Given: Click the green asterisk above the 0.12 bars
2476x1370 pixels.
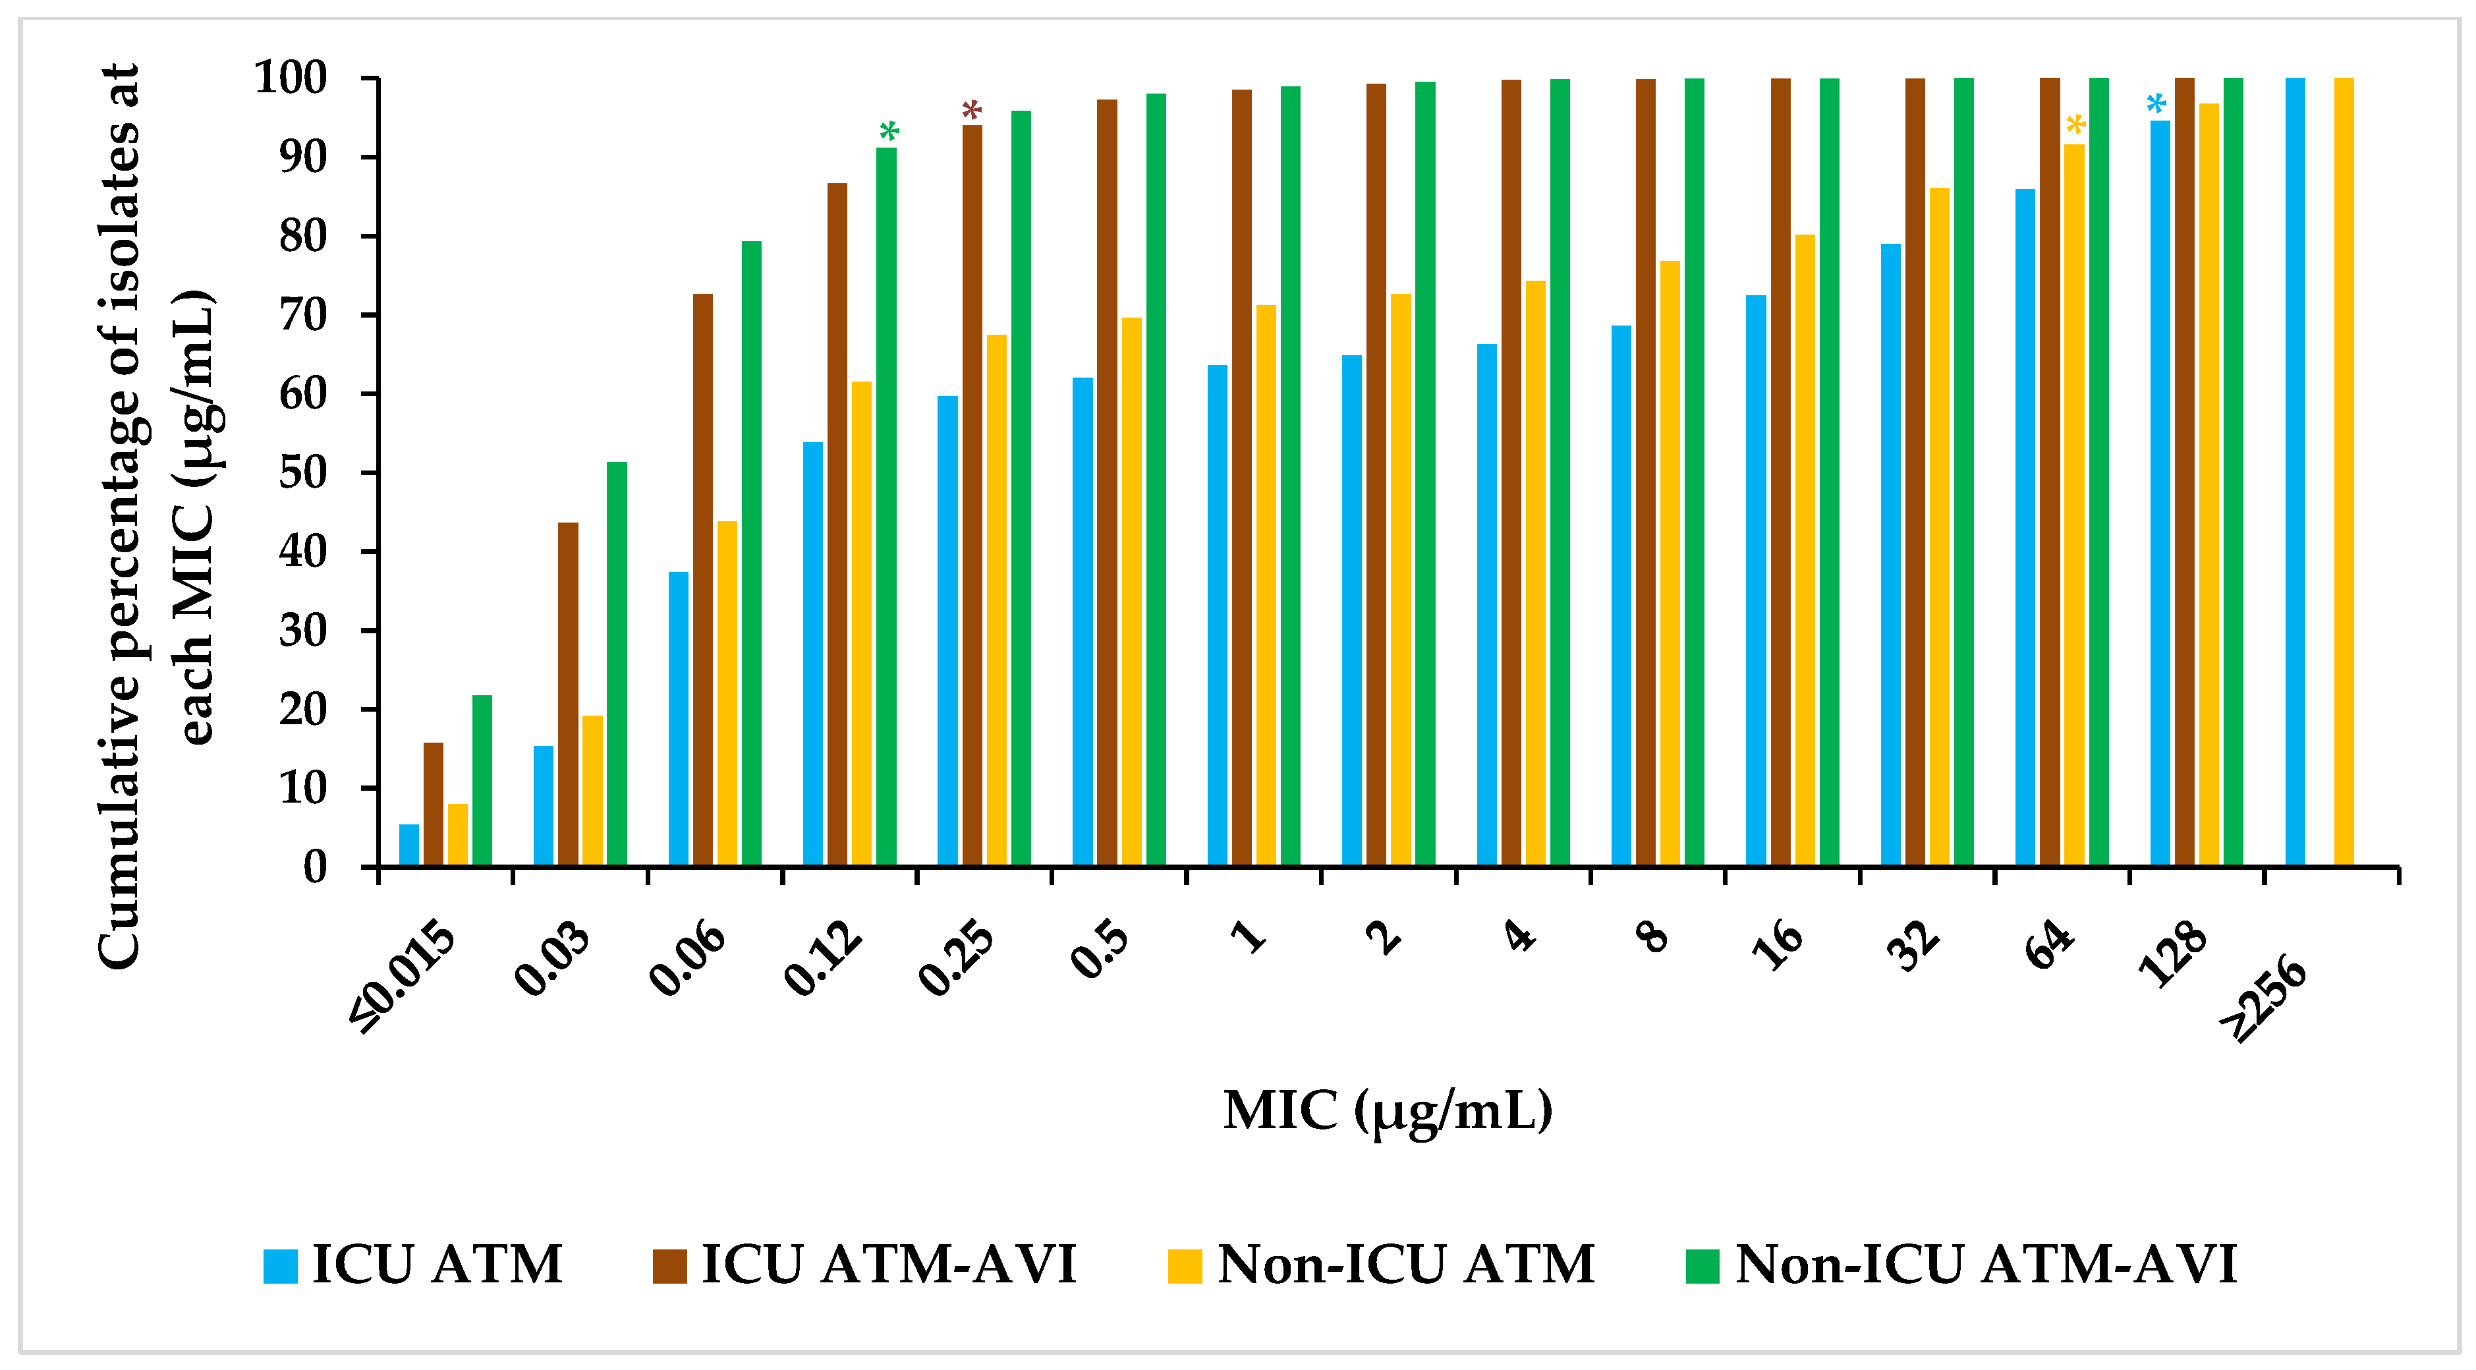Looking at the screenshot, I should (889, 132).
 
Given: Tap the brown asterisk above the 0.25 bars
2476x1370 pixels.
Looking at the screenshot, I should (972, 111).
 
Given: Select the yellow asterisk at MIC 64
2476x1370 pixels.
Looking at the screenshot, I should (2075, 125).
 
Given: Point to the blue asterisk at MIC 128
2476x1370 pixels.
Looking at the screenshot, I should (2157, 104).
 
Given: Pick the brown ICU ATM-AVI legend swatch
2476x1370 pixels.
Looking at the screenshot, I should (670, 1265).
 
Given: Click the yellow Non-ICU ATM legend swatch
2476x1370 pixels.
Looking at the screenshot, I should (1185, 1265).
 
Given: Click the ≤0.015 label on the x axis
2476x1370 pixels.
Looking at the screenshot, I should (405, 976).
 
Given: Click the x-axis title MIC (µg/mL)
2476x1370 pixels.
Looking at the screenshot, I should (1387, 1110).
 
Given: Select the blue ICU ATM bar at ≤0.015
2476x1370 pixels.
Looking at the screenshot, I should (409, 845).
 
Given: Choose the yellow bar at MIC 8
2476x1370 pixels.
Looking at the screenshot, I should (1670, 562).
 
